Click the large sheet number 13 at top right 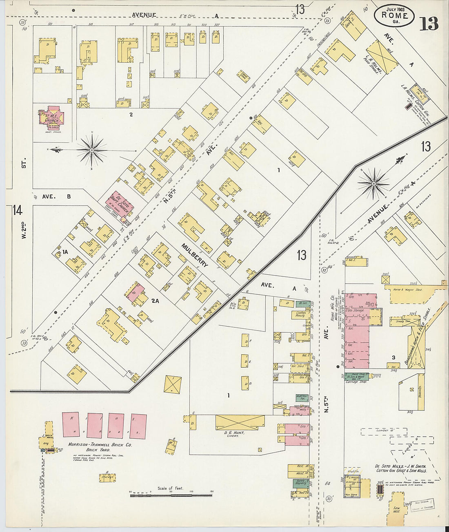(x=429, y=24)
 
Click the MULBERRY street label (x=195, y=256)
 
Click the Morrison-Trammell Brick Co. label (x=100, y=446)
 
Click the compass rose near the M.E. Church (x=92, y=150)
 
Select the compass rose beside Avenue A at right (x=373, y=184)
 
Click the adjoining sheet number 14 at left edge (x=17, y=210)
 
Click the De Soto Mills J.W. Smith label (x=401, y=468)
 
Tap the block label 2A (x=155, y=301)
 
